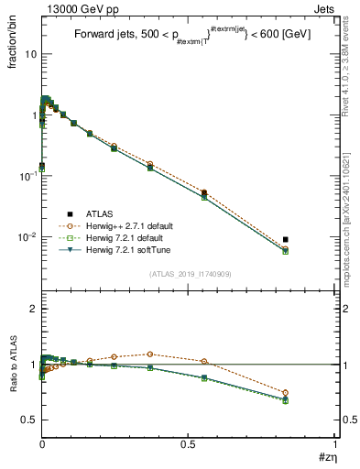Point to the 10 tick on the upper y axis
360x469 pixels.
30,54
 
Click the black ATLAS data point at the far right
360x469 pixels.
286,239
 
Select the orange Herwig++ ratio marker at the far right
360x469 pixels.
286,392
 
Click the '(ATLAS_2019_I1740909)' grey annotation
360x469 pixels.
191,274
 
